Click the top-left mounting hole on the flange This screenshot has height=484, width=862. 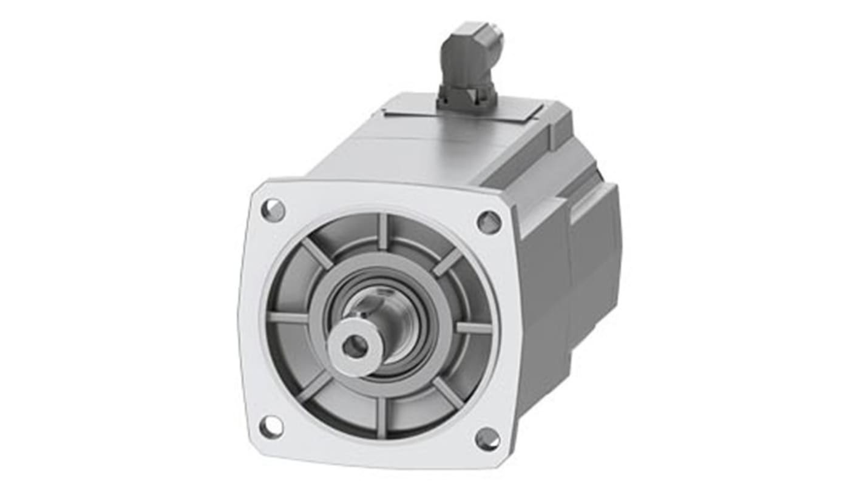pos(273,210)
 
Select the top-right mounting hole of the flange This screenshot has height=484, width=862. pos(489,223)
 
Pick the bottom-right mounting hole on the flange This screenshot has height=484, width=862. pos(487,439)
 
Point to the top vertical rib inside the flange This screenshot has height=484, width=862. pos(382,231)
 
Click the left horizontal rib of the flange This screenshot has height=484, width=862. pos(287,318)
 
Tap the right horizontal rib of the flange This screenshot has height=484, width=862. pos(473,328)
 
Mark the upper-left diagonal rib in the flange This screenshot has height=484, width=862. pos(317,253)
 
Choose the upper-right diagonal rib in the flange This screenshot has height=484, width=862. pos(448,262)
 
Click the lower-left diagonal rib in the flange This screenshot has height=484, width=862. pos(314,386)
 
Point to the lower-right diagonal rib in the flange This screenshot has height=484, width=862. pos(448,393)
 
